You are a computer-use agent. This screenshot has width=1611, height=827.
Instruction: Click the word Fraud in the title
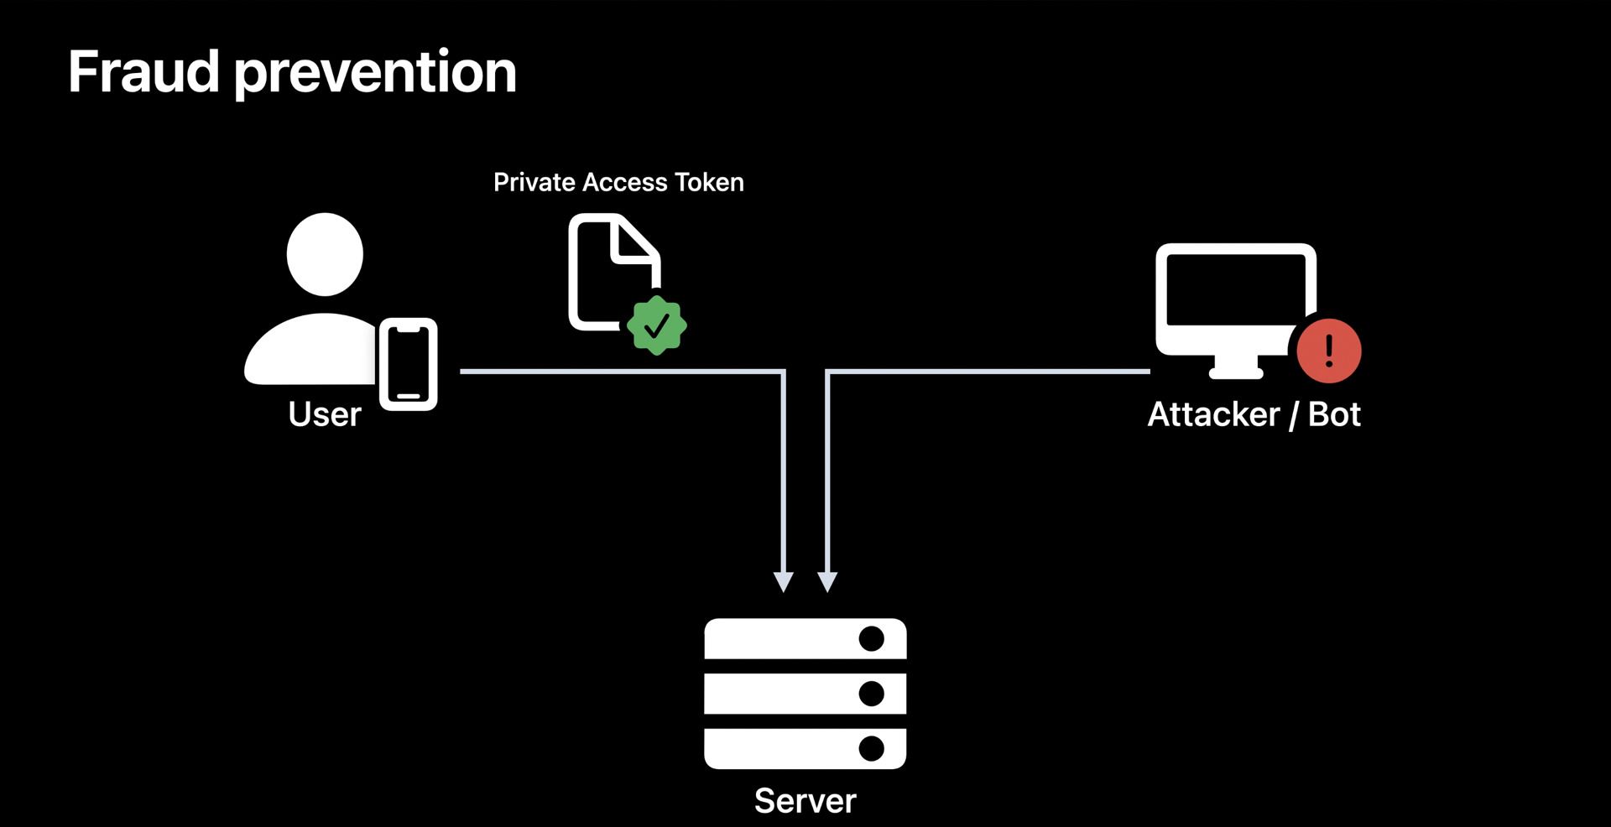click(143, 72)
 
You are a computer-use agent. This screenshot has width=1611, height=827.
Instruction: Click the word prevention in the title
click(375, 74)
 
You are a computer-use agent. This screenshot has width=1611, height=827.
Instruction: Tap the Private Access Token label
click(618, 183)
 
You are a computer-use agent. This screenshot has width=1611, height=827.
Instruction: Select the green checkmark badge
click(657, 325)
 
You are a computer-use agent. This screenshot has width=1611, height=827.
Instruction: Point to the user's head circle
click(325, 254)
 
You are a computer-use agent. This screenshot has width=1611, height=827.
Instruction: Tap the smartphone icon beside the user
click(409, 364)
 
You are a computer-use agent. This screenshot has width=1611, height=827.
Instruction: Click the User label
click(325, 414)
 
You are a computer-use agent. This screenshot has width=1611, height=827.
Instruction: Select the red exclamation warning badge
click(1328, 351)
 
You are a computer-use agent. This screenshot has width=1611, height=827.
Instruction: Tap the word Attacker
click(1213, 414)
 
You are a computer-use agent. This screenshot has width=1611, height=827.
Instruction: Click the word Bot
click(1334, 414)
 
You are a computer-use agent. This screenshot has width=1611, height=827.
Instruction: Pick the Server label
click(805, 801)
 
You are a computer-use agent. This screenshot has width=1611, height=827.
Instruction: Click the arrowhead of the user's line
click(784, 582)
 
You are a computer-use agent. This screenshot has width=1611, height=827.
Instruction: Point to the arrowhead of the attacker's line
click(827, 582)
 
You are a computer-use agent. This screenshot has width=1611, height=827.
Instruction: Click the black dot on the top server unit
click(872, 639)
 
